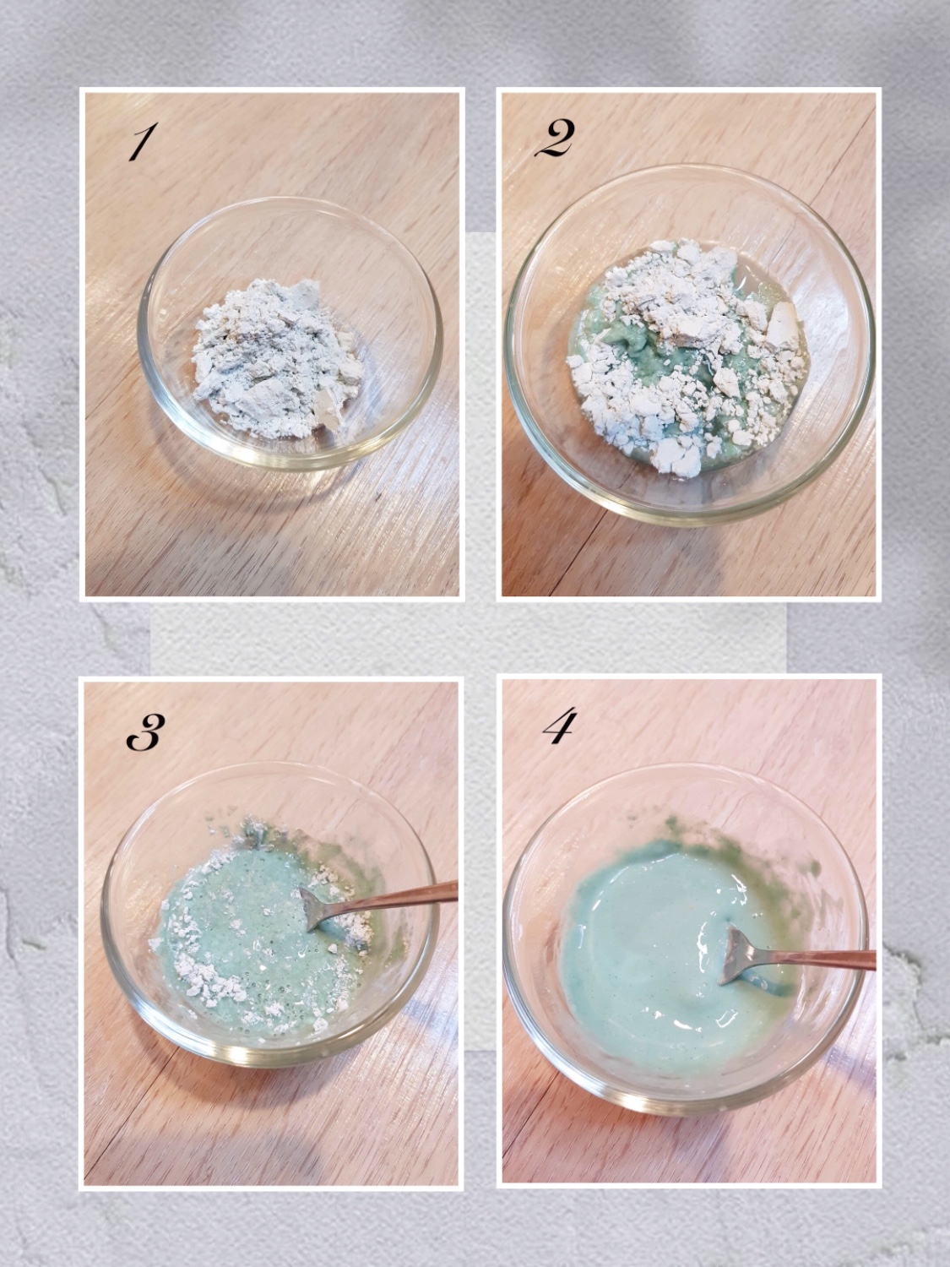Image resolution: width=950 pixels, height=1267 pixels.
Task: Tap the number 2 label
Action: click(x=555, y=139)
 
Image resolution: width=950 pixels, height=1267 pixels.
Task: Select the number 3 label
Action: click(x=146, y=732)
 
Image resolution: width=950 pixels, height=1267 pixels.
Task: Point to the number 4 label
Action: click(x=560, y=728)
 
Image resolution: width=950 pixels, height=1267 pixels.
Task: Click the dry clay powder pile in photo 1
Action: click(x=277, y=358)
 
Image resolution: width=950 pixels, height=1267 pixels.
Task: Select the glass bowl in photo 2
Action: click(x=690, y=345)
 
